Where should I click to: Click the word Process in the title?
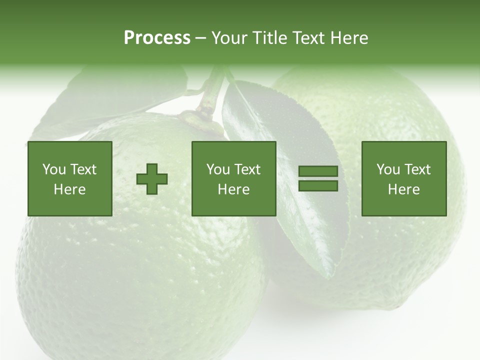157,38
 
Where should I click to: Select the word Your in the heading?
229,38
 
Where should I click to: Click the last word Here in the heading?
349,38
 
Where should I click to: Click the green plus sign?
152,179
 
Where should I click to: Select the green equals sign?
318,179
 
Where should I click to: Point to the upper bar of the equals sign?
318,171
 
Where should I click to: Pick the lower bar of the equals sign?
318,186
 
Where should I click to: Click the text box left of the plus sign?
70,179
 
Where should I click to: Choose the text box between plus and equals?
233,179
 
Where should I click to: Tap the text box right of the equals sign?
404,179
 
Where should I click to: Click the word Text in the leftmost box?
83,169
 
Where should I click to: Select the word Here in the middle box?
233,189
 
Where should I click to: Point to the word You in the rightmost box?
388,169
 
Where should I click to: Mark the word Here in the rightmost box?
404,189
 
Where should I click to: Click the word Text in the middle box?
247,169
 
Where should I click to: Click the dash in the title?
200,38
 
